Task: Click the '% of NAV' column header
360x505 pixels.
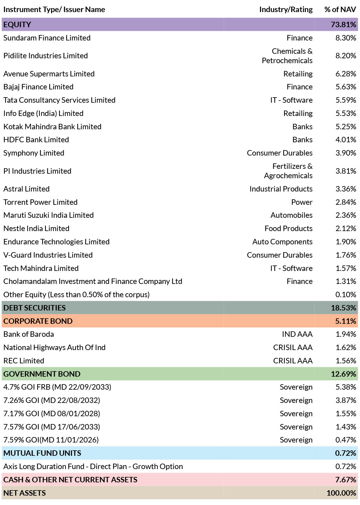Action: pos(340,9)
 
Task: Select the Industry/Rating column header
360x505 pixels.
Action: pos(286,10)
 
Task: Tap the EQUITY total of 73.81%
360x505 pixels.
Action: pos(343,24)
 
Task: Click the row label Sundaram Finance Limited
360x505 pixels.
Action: pos(47,38)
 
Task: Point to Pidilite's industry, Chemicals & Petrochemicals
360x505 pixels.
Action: pos(287,56)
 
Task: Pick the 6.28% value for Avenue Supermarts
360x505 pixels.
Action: pos(345,74)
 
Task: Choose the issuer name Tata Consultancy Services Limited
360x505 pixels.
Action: pos(59,100)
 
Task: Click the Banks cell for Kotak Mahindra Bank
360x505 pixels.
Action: pos(303,127)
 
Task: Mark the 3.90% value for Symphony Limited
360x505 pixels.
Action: pos(345,153)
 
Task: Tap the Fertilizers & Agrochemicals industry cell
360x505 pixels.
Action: pos(288,171)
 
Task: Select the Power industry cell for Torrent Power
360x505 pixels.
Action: pos(302,202)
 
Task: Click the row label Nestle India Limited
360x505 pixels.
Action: pos(36,228)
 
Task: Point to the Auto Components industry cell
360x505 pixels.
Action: pos(282,242)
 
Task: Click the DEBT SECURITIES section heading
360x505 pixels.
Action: pos(34,308)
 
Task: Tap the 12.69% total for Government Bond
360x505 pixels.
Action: pos(343,374)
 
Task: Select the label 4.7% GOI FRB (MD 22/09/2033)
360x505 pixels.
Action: pos(57,387)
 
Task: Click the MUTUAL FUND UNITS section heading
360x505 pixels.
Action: pos(42,453)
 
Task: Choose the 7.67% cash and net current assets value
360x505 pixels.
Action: pos(345,480)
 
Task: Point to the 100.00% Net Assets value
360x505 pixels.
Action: pos(341,493)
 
